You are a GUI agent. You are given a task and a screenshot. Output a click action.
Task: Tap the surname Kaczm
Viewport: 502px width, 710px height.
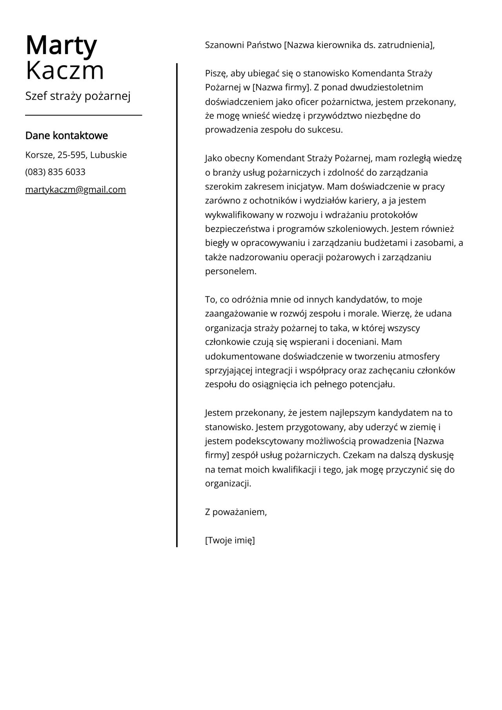(65, 71)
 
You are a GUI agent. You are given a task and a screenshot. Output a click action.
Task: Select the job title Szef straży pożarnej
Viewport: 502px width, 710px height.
(78, 96)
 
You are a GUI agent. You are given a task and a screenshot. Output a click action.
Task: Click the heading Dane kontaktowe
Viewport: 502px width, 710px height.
(66, 136)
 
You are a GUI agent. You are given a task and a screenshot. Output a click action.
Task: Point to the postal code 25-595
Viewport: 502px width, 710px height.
(72, 155)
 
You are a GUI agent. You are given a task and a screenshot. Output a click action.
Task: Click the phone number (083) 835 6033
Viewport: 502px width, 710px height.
(55, 172)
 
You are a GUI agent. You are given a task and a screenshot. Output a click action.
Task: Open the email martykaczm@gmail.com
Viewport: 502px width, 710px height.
(76, 190)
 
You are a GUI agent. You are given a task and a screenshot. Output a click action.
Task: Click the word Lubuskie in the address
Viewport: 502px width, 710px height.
(109, 155)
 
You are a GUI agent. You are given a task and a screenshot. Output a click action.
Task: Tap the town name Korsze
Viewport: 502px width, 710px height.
(39, 155)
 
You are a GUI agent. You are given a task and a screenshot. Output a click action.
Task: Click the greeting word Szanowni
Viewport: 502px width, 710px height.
(225, 45)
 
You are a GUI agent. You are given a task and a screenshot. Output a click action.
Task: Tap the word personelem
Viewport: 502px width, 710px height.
(230, 271)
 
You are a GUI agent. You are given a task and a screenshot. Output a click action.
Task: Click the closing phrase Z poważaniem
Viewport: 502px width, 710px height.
(236, 512)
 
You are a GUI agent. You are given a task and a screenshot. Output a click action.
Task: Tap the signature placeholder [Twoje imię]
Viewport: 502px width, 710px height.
(230, 541)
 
